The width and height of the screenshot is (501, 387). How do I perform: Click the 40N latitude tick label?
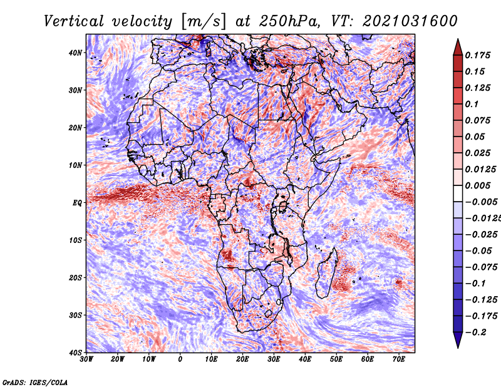click(x=76, y=53)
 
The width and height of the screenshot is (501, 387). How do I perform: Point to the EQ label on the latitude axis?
click(x=78, y=203)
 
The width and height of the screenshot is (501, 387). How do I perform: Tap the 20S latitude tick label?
click(x=76, y=277)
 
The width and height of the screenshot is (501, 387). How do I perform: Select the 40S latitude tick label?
click(x=76, y=353)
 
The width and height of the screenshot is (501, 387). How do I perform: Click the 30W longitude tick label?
click(x=86, y=359)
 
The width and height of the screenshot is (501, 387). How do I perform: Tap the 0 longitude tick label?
click(x=180, y=359)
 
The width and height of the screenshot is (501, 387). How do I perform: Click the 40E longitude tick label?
click(x=305, y=359)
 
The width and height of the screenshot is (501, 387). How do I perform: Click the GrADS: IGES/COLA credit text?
click(x=34, y=381)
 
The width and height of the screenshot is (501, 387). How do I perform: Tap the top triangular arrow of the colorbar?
click(x=458, y=46)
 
